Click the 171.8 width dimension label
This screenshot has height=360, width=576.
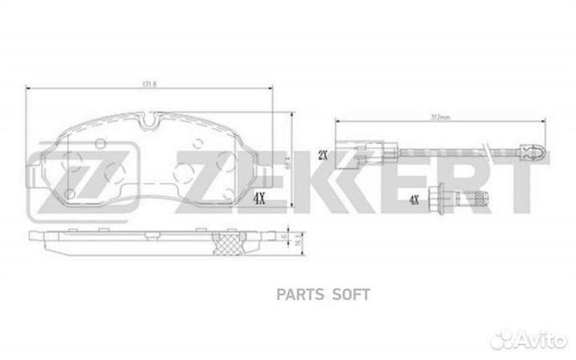coord(150,83)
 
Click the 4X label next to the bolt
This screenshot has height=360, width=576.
coord(413,202)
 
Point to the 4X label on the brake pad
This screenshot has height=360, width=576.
coord(259,197)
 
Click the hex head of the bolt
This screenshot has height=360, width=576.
coord(441,201)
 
